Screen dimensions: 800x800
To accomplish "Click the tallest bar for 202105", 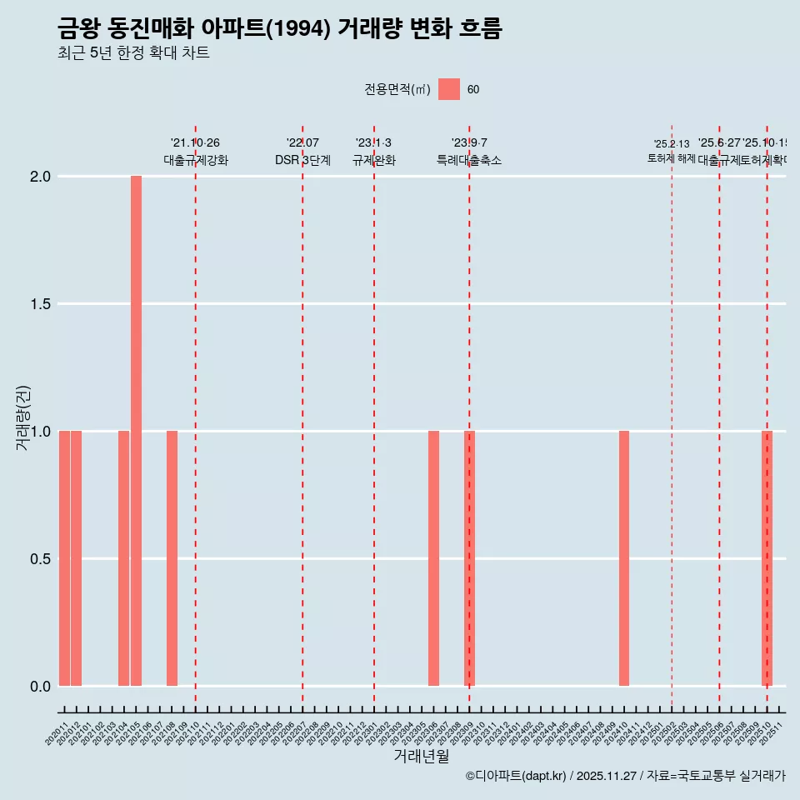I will [x=136, y=431].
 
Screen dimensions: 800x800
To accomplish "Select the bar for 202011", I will [x=64, y=558].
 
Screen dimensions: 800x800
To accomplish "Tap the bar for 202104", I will [x=124, y=558].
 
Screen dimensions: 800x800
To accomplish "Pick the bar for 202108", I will [x=172, y=558].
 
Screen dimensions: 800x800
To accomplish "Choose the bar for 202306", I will [x=433, y=558].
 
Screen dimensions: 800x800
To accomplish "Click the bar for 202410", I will [x=624, y=558].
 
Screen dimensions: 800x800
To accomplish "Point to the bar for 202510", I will [x=767, y=558].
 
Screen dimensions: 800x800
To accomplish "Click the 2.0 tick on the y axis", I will [x=41, y=177].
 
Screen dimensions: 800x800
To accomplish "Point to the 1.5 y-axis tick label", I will [x=41, y=304].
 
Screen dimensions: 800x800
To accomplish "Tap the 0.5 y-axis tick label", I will [x=41, y=559].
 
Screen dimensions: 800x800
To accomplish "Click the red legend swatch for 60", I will [x=449, y=90].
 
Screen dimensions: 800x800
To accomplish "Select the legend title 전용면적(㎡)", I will [x=397, y=90].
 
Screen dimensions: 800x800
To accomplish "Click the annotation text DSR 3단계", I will [x=302, y=160].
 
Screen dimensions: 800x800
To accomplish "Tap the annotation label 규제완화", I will [x=373, y=160].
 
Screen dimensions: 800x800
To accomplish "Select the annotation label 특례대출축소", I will [x=469, y=160].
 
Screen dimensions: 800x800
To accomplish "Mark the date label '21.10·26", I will [x=195, y=143].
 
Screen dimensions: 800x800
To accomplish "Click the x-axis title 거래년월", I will [x=421, y=757].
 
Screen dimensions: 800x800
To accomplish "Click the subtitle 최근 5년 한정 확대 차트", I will [x=133, y=52].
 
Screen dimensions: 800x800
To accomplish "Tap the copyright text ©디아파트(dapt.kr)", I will [x=516, y=776].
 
